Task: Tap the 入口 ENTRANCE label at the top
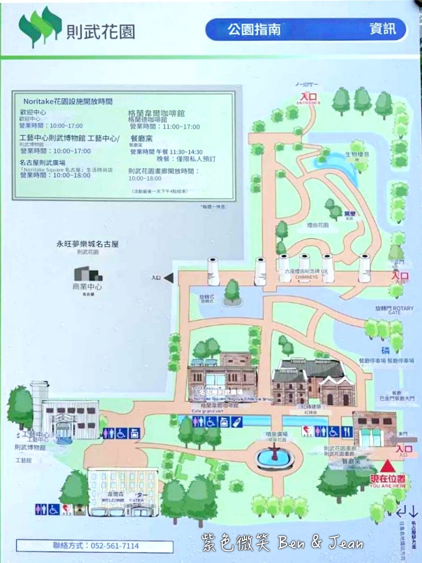(x=309, y=98)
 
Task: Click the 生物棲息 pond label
(x=357, y=155)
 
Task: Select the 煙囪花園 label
(x=318, y=225)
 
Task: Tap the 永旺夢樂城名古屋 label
(x=87, y=244)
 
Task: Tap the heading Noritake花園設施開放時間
(x=68, y=101)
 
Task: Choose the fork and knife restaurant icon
(x=347, y=431)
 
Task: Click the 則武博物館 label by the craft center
(x=30, y=447)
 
